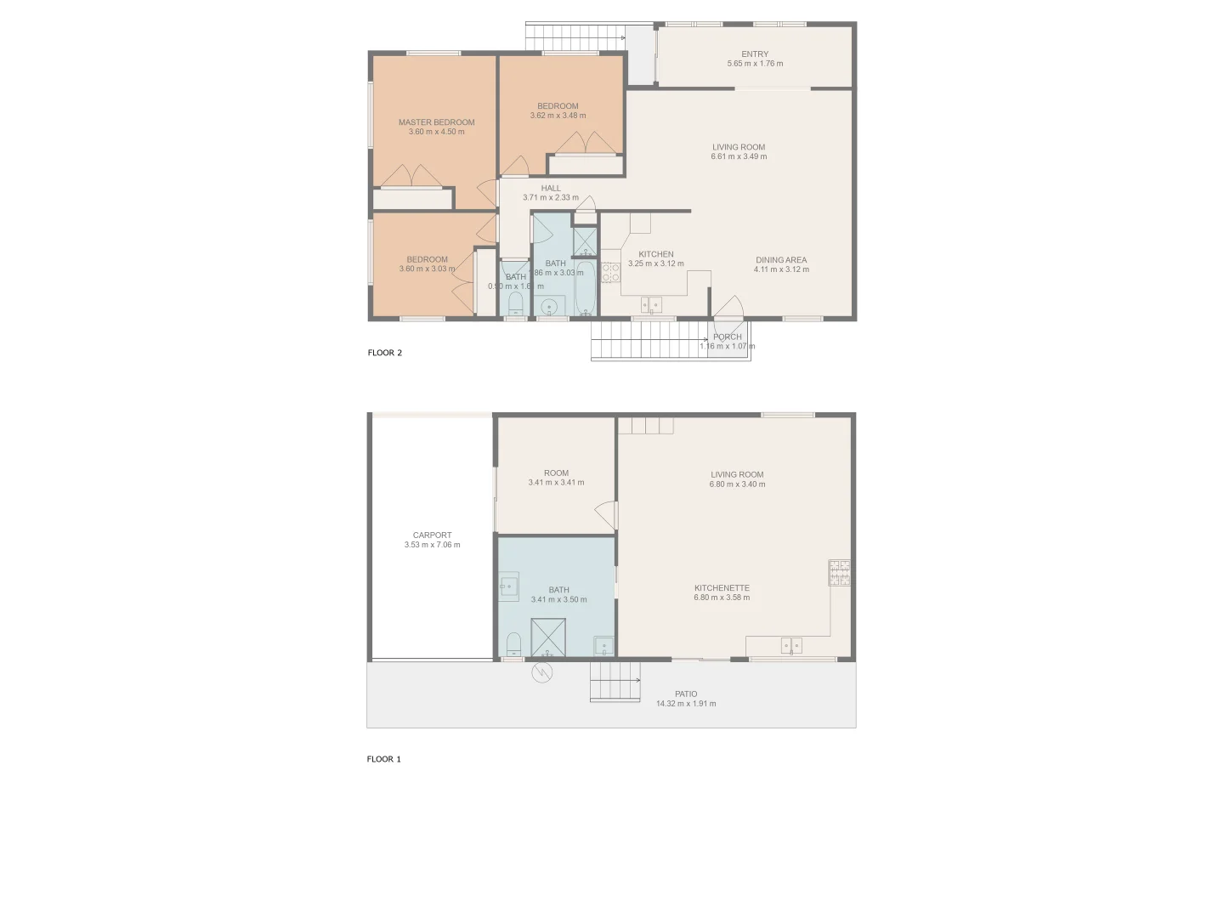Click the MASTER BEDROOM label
(436, 122)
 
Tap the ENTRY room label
(755, 54)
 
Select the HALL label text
(551, 189)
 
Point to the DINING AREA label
(781, 260)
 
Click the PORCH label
(727, 337)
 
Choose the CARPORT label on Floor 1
(432, 535)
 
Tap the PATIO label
(686, 694)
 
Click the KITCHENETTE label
(722, 588)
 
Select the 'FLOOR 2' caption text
(385, 353)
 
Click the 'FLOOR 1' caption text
(384, 759)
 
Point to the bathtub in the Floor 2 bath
(586, 289)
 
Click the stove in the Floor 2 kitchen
(610, 272)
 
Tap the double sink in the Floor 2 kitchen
(652, 304)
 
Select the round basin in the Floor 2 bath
(550, 307)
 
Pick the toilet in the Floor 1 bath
(513, 645)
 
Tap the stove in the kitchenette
(840, 572)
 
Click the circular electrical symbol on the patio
(541, 673)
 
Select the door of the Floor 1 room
(606, 515)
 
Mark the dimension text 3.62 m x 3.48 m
(558, 116)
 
